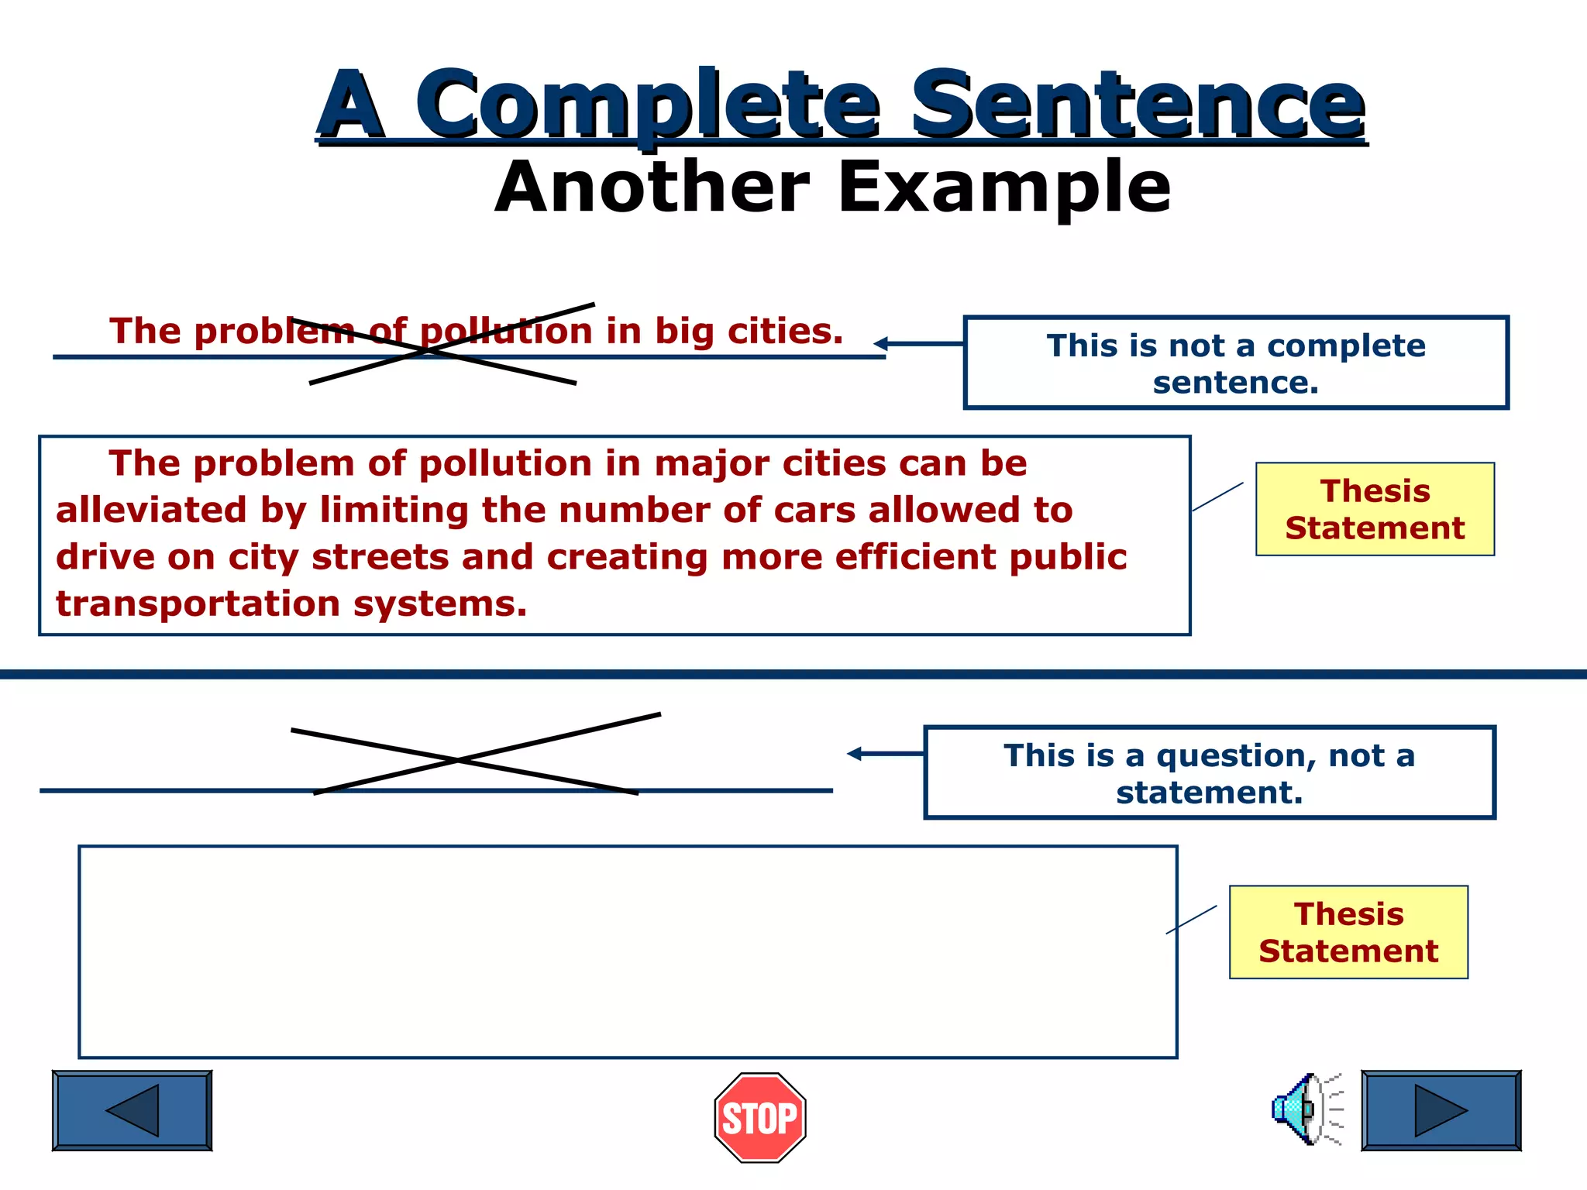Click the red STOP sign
pyautogui.click(x=759, y=1117)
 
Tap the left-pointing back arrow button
pyautogui.click(x=132, y=1110)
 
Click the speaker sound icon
pyautogui.click(x=1306, y=1109)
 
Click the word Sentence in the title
pyautogui.click(x=1137, y=105)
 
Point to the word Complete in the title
pyautogui.click(x=647, y=105)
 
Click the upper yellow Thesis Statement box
pyautogui.click(x=1375, y=509)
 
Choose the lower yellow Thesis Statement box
pyautogui.click(x=1348, y=932)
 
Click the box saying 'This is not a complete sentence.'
pyautogui.click(x=1236, y=363)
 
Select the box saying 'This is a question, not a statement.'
pyautogui.click(x=1209, y=772)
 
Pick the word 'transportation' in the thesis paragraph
pyautogui.click(x=198, y=604)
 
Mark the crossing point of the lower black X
pyautogui.click(x=459, y=761)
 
